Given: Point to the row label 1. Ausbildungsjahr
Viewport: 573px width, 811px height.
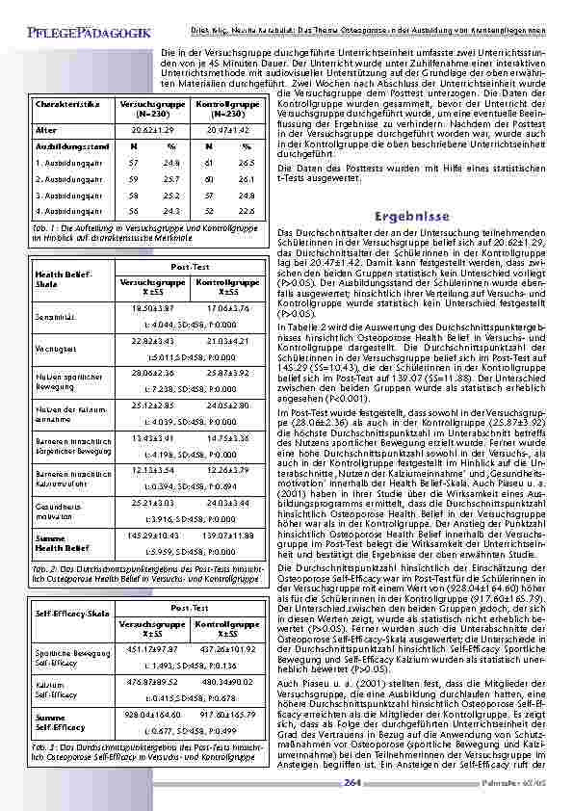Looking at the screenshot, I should coord(68,163).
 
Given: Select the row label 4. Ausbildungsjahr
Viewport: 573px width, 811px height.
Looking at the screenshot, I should coord(68,210).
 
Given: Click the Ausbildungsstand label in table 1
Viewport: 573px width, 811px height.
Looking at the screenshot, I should coord(65,145).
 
